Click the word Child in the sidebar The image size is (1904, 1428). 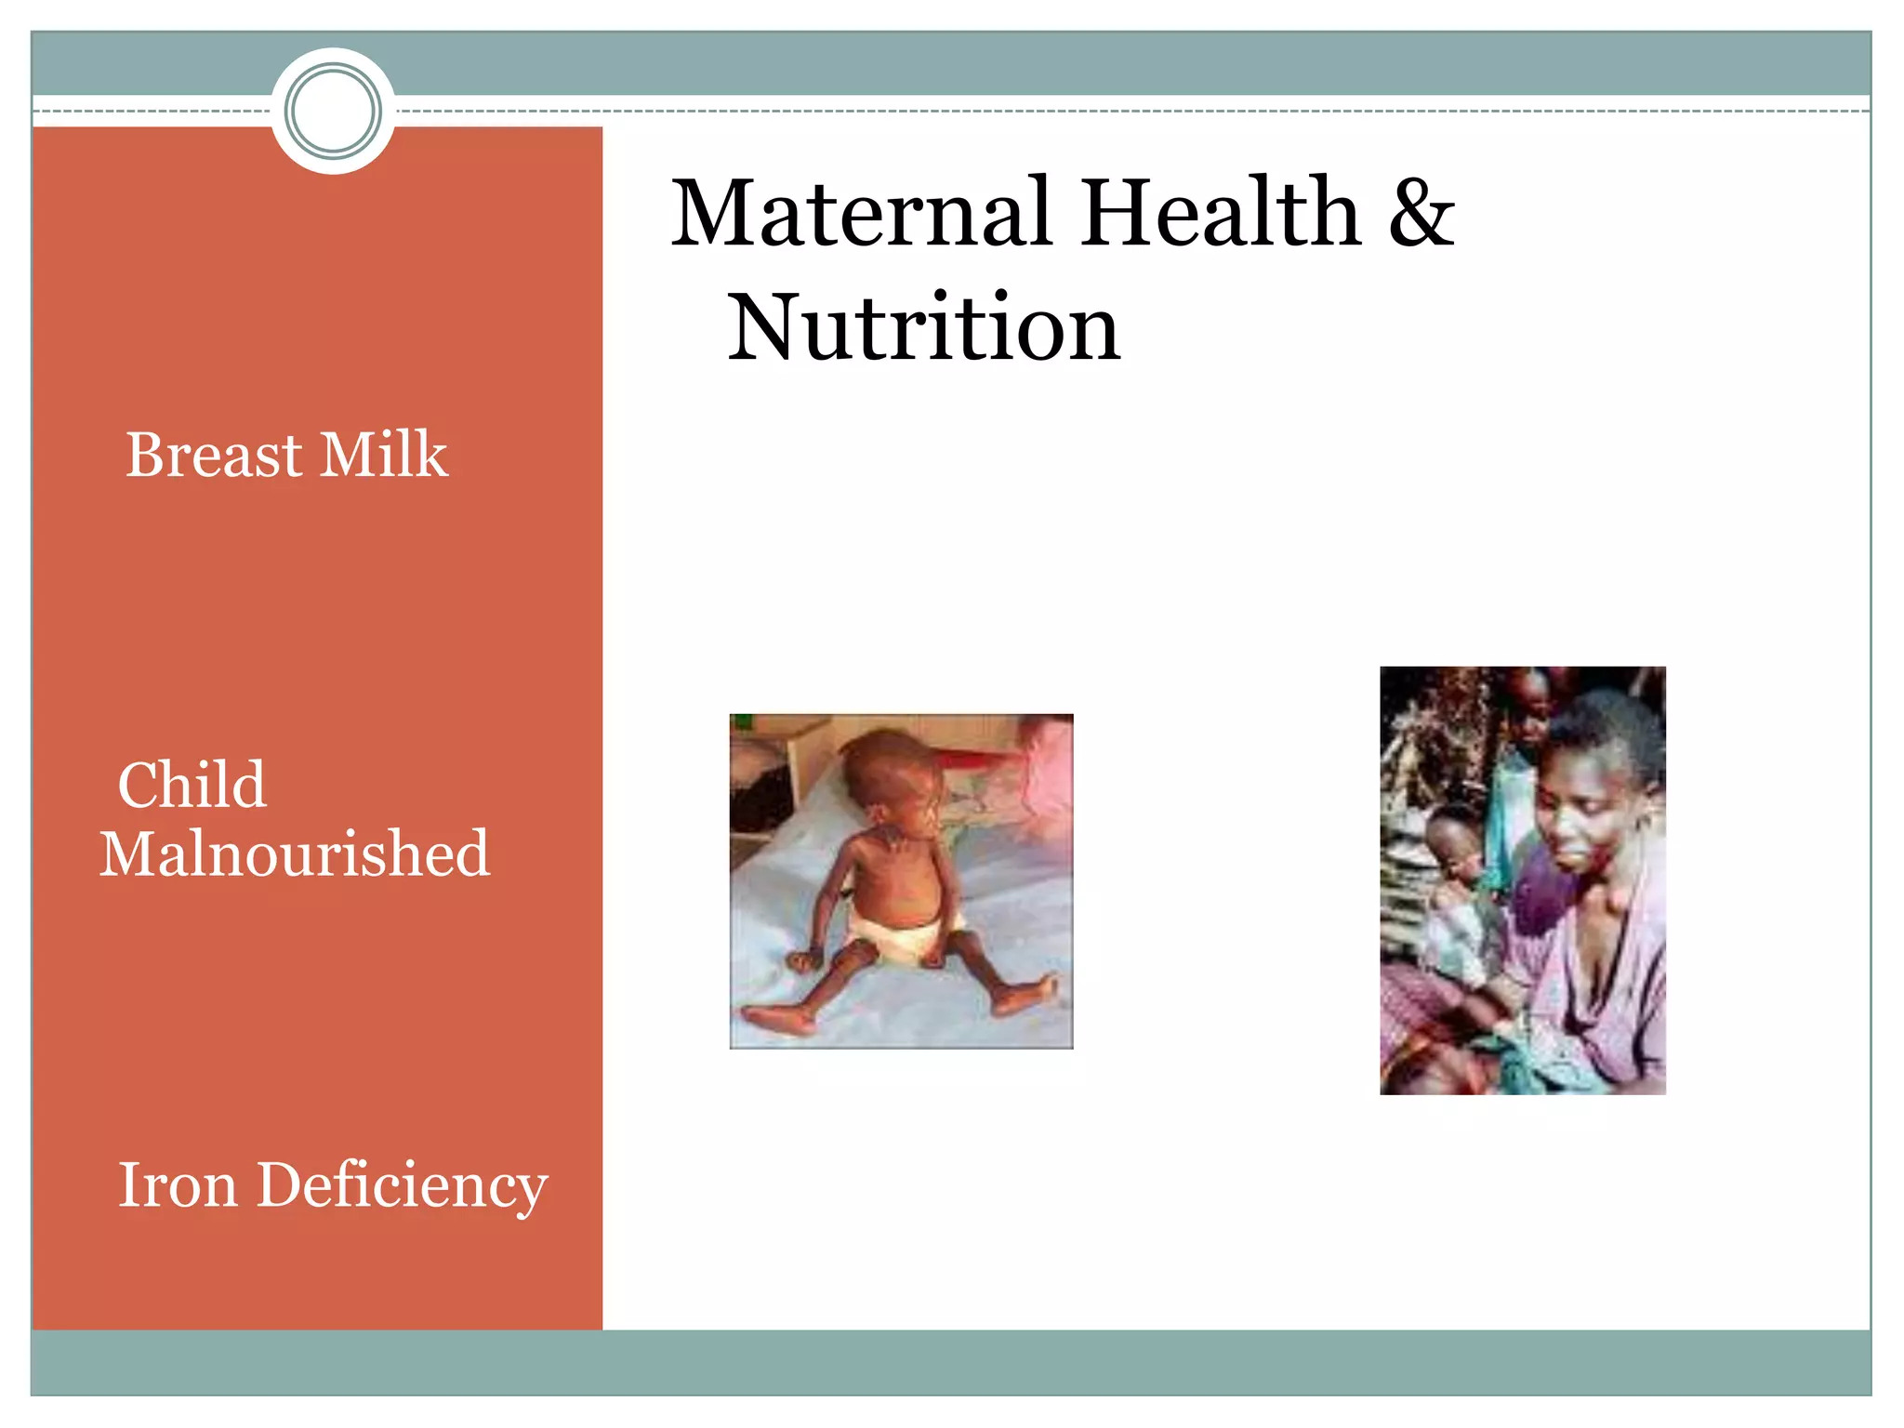point(192,785)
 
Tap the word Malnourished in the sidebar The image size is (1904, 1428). point(295,854)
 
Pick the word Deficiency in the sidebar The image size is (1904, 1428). point(402,1188)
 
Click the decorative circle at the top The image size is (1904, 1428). point(333,111)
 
